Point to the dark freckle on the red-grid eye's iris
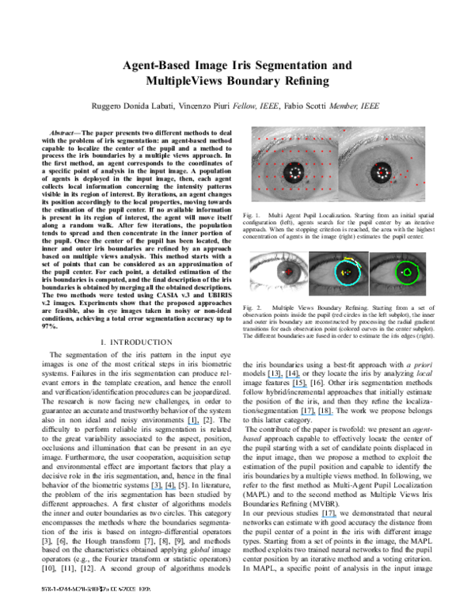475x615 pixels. [x=307, y=181]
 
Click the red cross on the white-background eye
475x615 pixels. [x=289, y=271]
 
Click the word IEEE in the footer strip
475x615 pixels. [x=145, y=589]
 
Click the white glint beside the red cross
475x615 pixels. [x=283, y=272]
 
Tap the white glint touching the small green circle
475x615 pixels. [x=403, y=272]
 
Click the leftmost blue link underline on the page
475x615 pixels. [x=164, y=490]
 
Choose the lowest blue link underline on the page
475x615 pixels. [x=329, y=517]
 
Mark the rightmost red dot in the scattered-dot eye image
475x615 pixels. [x=424, y=182]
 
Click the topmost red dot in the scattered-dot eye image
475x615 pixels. [x=344, y=130]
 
